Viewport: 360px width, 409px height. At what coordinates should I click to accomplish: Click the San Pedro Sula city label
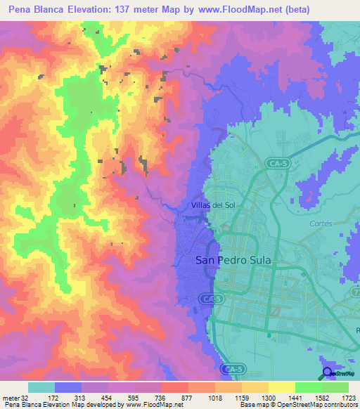click(231, 259)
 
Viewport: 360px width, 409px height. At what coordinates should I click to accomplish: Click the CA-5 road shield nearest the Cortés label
click(276, 163)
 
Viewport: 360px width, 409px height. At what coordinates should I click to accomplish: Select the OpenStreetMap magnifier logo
click(328, 373)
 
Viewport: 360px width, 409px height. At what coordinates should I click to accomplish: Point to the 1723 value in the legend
click(347, 397)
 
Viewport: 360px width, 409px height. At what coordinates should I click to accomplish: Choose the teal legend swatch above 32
click(41, 387)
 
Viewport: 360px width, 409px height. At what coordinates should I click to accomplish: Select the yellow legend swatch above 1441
click(281, 387)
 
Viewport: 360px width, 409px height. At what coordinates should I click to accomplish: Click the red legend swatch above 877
click(175, 387)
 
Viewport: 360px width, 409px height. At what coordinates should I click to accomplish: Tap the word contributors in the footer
click(341, 405)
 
